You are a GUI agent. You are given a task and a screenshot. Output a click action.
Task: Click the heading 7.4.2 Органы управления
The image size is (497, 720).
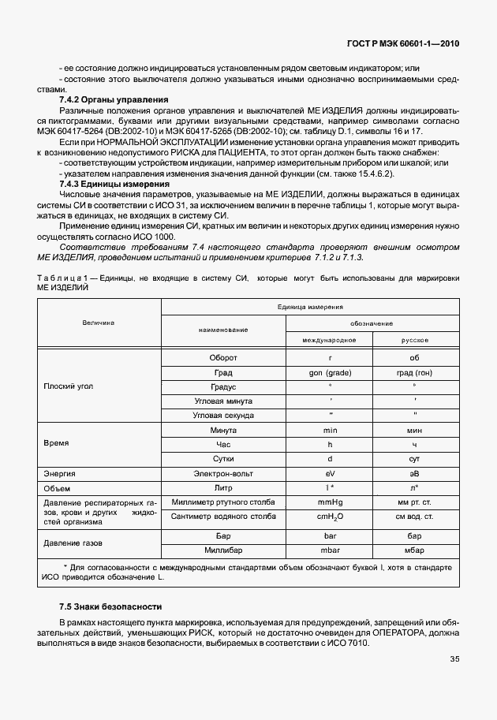click(114, 99)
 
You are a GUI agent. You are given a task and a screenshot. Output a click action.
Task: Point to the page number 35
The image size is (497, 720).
click(454, 659)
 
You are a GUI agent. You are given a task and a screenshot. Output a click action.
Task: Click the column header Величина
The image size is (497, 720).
click(99, 323)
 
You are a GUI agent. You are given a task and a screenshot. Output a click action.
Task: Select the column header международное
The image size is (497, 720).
click(330, 339)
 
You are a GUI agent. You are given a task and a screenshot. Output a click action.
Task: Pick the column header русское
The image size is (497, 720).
click(414, 339)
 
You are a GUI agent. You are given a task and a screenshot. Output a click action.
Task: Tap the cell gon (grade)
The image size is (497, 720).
click(330, 372)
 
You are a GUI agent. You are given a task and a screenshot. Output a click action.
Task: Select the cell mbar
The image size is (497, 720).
click(330, 549)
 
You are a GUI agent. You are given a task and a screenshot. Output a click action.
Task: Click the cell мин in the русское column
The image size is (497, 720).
click(414, 431)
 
